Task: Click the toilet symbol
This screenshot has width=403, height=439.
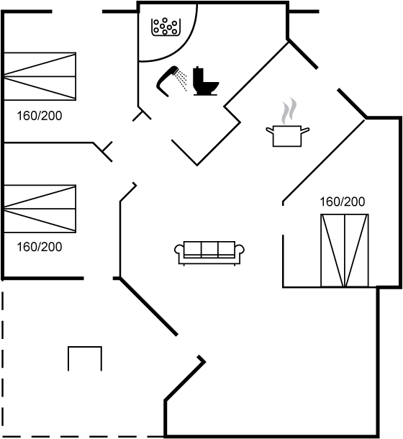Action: coord(204,81)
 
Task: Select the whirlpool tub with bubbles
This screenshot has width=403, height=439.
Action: coord(166,27)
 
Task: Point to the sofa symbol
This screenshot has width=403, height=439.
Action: coord(209,253)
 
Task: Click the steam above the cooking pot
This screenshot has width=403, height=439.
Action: coord(289,111)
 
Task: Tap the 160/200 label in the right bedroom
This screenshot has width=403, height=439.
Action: coord(343,202)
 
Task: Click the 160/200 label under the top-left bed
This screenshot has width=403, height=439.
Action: coord(40,116)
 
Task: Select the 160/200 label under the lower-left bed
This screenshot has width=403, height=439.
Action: coord(40,247)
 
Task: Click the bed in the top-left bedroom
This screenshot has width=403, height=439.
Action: coord(40,76)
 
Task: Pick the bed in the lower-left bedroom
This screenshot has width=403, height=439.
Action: coord(40,209)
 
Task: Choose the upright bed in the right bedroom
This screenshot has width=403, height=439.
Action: coord(345,250)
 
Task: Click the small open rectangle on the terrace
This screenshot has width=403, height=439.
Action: coord(85,347)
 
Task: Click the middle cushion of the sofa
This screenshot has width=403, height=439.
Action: coord(209,249)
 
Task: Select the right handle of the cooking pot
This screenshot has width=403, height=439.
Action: coord(305,130)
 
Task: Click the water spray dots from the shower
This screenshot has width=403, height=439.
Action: coord(182,80)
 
